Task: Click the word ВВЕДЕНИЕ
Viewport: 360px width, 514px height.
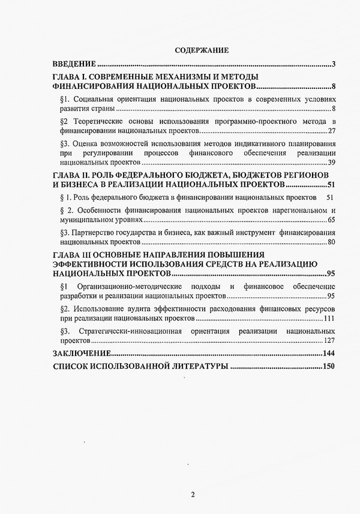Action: click(74, 64)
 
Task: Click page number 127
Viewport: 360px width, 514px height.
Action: click(329, 340)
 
